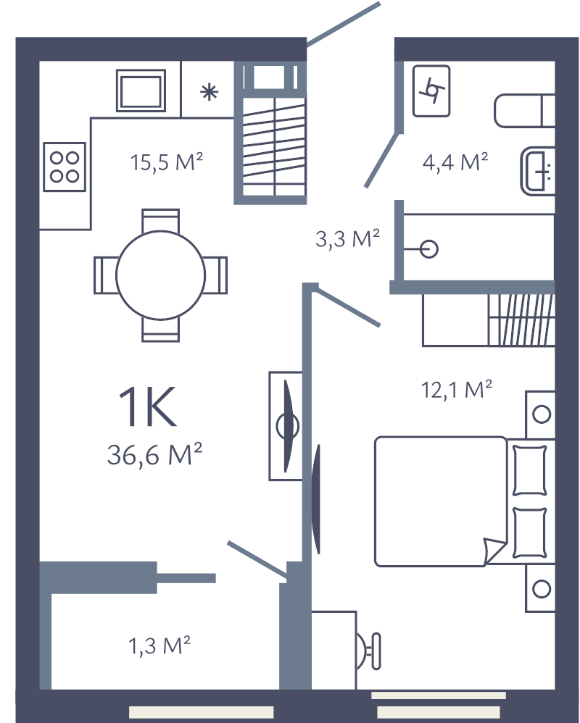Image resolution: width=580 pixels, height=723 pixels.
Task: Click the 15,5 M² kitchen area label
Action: click(165, 162)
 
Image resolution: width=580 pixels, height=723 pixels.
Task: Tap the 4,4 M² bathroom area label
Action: click(455, 161)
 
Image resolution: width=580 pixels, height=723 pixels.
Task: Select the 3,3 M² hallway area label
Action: click(348, 239)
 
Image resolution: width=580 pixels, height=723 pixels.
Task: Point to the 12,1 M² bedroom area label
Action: click(457, 390)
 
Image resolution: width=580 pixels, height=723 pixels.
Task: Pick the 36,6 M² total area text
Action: click(154, 456)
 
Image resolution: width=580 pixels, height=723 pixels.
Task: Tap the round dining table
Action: click(160, 275)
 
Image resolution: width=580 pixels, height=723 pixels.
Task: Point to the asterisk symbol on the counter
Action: click(209, 92)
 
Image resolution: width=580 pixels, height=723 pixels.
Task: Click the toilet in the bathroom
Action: click(525, 112)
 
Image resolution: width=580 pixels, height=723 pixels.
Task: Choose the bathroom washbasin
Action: click(537, 171)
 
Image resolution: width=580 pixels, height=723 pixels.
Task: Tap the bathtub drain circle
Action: click(429, 250)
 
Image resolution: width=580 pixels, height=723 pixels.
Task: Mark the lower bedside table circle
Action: click(541, 588)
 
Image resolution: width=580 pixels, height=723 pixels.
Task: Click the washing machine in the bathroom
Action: click(431, 91)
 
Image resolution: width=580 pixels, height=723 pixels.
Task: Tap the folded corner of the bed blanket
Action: click(493, 553)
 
